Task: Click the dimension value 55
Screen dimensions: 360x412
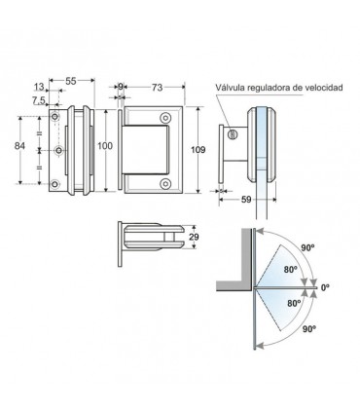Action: [71, 81]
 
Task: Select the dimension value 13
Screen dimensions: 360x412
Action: [39, 87]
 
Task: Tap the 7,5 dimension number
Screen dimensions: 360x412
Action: [39, 101]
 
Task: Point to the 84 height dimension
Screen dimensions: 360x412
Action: [19, 146]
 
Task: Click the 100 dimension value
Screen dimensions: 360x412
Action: [105, 146]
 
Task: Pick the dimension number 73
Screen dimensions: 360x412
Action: [157, 88]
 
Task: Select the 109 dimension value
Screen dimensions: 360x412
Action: [198, 150]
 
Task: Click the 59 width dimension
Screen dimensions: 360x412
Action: [246, 200]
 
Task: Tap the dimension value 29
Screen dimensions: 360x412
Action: [194, 237]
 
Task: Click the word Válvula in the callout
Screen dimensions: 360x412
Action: [230, 88]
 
